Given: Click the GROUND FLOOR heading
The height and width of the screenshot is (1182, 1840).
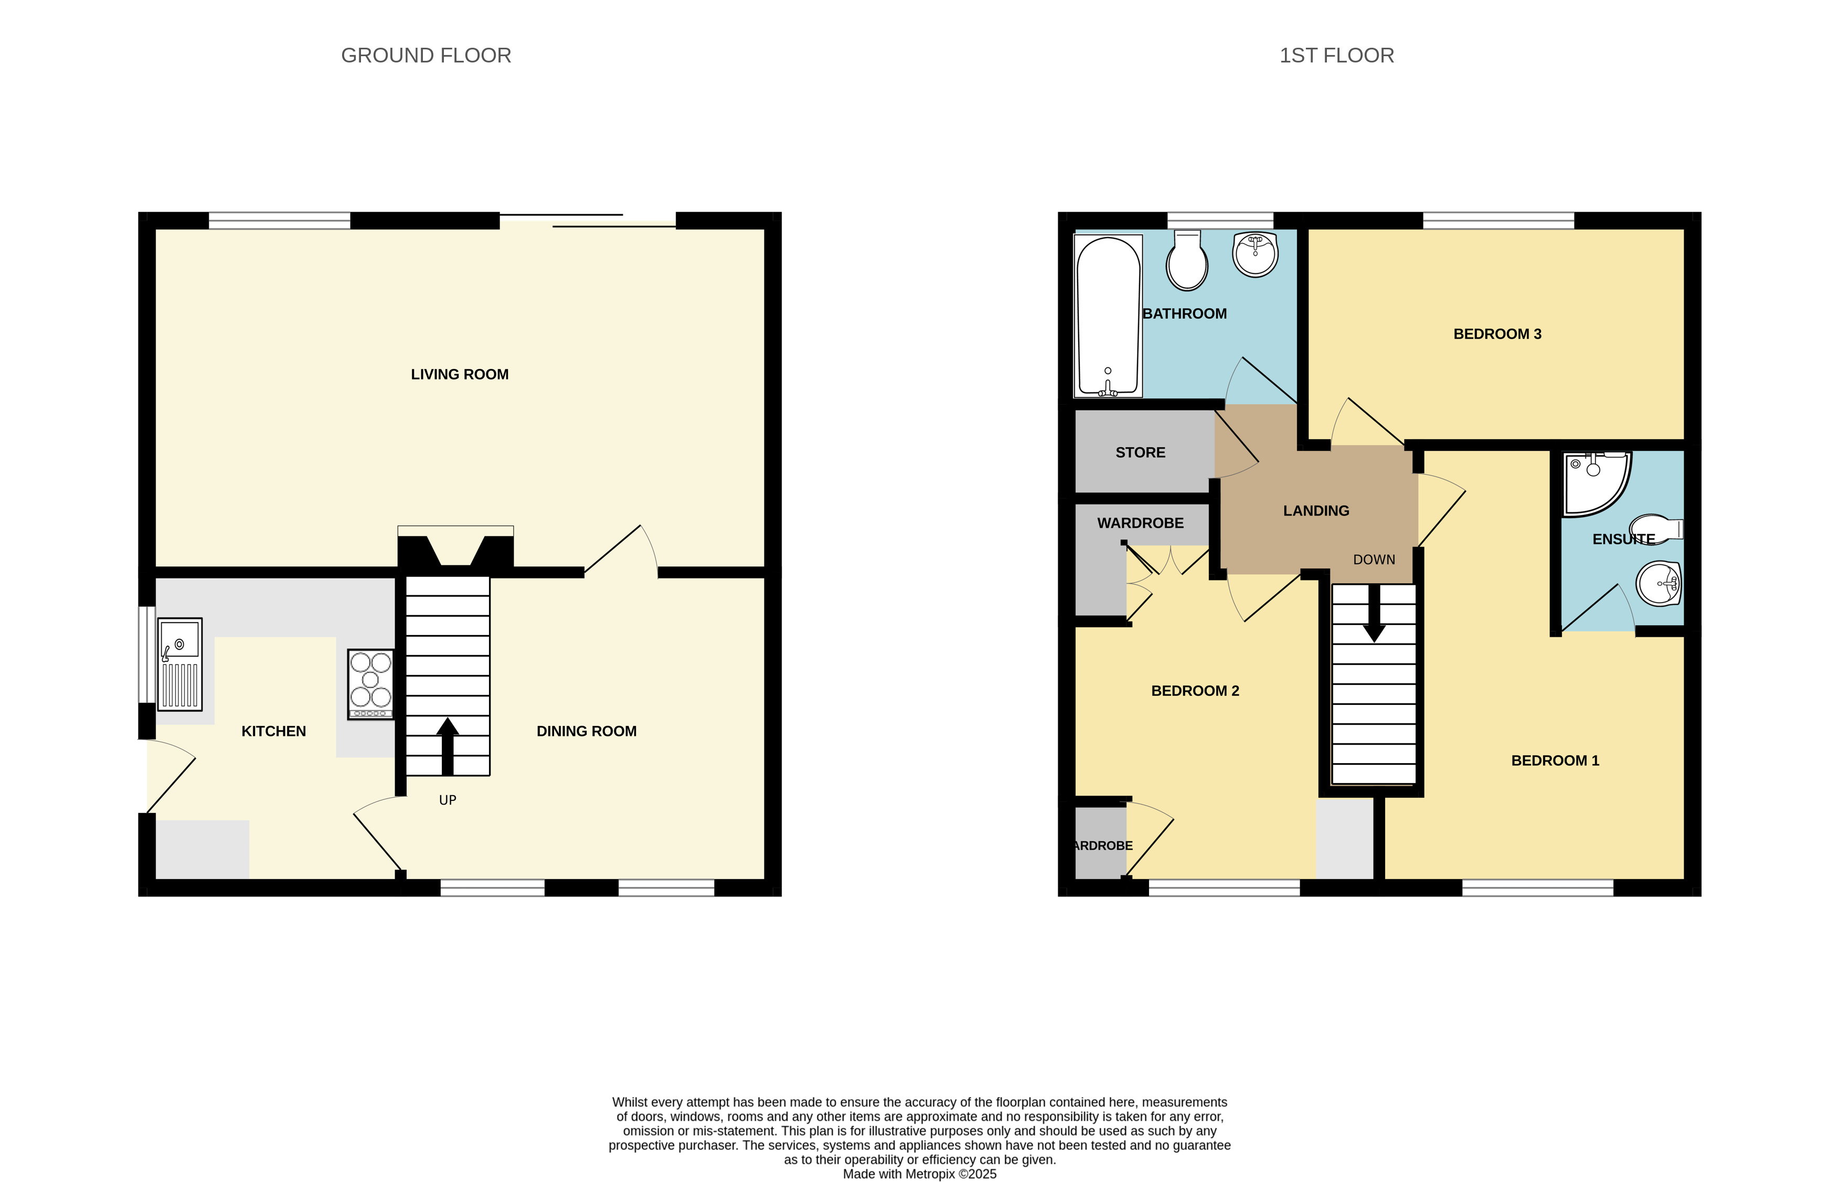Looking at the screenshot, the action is [x=426, y=55].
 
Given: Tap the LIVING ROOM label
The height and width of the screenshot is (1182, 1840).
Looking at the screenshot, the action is [x=460, y=375].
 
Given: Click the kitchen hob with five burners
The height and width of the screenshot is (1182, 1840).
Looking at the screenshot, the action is [x=370, y=684].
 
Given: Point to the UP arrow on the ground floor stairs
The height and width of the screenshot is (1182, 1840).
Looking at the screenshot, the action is [x=448, y=746].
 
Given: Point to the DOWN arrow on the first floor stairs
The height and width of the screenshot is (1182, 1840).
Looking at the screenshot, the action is [x=1374, y=613].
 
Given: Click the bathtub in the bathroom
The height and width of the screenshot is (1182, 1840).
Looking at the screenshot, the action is [x=1108, y=315].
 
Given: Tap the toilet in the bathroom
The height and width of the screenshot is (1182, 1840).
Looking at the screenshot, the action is [x=1187, y=260].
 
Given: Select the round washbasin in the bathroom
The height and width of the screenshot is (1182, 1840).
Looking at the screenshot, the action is [x=1256, y=254].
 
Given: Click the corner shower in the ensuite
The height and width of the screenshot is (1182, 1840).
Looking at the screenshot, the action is [x=1597, y=483].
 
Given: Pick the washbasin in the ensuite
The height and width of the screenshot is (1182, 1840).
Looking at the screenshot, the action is [x=1659, y=583].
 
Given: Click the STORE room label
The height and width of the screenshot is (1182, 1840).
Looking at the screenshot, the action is [x=1140, y=453].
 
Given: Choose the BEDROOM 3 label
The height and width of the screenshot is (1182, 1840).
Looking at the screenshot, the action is [x=1497, y=334].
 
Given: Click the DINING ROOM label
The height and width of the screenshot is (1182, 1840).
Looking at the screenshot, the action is [x=586, y=732].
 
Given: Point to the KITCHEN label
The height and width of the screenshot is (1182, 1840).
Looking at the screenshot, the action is [x=274, y=732].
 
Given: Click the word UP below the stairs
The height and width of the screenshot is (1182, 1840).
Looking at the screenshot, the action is [x=448, y=800].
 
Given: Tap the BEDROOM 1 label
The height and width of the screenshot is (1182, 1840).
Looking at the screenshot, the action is [x=1555, y=761].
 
